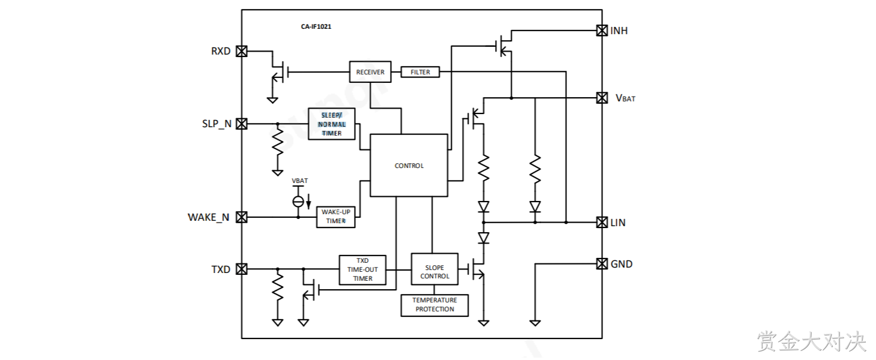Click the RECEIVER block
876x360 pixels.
click(370, 72)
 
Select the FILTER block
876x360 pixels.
click(420, 72)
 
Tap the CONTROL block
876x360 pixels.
click(409, 166)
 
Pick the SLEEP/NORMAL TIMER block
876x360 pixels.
click(332, 124)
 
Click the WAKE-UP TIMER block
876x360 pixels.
click(335, 217)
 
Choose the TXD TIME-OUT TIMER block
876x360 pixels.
click(362, 270)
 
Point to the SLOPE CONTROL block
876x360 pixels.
click(434, 269)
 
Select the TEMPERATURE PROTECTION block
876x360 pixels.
click(434, 305)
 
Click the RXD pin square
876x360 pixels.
click(242, 51)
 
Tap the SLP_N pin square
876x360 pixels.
click(242, 124)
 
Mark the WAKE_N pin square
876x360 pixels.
click(242, 217)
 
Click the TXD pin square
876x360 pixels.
click(242, 269)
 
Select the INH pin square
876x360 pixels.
click(602, 31)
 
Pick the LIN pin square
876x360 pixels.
click(602, 223)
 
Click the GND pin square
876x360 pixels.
click(602, 264)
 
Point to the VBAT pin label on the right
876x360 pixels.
click(625, 98)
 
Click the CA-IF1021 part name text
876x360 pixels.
click(316, 26)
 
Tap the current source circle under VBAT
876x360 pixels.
click(298, 202)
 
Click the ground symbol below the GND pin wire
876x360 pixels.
click(535, 323)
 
